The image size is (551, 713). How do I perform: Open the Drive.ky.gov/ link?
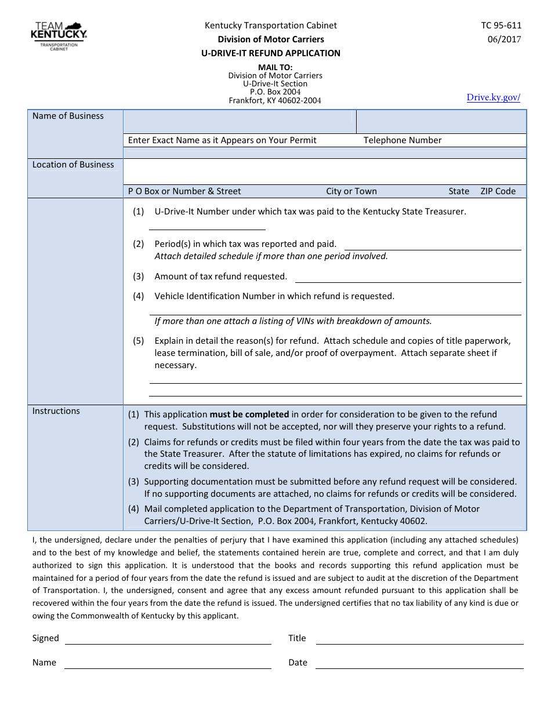pyautogui.click(x=493, y=97)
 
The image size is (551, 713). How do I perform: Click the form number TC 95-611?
pyautogui.click(x=501, y=26)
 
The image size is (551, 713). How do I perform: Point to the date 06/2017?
pyautogui.click(x=504, y=39)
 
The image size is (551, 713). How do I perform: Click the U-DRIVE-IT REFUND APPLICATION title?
pyautogui.click(x=271, y=53)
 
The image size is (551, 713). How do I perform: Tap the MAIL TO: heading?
pyautogui.click(x=275, y=67)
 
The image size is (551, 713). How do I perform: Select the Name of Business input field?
pyautogui.click(x=239, y=122)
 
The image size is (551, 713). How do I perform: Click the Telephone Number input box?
pyautogui.click(x=441, y=122)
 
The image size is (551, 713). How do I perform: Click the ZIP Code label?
pyautogui.click(x=498, y=191)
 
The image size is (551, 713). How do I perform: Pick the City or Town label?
pyautogui.click(x=351, y=191)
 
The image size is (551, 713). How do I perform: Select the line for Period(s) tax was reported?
pyautogui.click(x=433, y=246)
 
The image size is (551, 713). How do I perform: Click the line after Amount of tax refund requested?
pyautogui.click(x=408, y=278)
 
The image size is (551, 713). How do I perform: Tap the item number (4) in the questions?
pyautogui.click(x=138, y=296)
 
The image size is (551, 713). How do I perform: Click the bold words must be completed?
pyautogui.click(x=249, y=414)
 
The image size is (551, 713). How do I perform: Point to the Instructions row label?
pyautogui.click(x=56, y=411)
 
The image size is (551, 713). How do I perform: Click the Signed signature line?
pyautogui.click(x=168, y=640)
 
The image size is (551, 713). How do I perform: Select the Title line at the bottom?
pyautogui.click(x=419, y=640)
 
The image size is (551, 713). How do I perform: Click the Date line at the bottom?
pyautogui.click(x=419, y=664)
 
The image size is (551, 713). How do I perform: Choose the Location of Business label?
pyautogui.click(x=73, y=165)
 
